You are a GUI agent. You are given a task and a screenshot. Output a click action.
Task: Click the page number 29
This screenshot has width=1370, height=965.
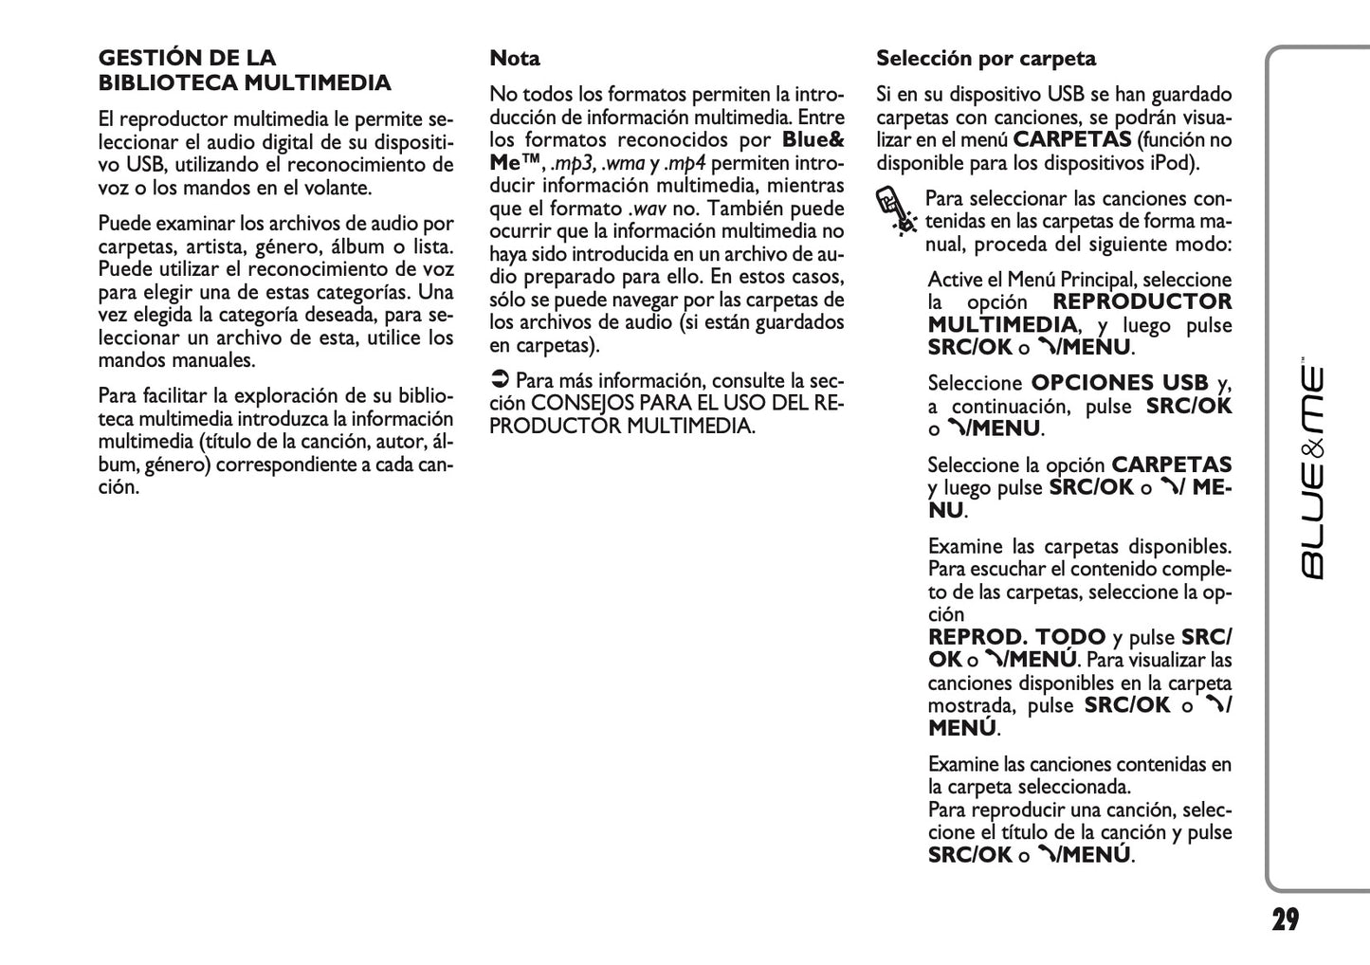1285,919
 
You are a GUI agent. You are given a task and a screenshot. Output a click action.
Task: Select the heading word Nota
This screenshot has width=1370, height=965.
515,59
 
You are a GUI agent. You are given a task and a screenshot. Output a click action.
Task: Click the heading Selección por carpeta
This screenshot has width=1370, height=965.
985,59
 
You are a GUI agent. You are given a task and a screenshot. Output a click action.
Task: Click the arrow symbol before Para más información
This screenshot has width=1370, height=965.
499,381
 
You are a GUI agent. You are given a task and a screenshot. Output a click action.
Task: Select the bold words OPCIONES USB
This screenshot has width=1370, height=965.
1119,383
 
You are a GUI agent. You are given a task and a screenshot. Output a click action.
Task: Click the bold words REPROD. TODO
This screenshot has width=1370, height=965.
1016,637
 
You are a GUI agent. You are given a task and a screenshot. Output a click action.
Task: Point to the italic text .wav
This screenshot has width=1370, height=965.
648,209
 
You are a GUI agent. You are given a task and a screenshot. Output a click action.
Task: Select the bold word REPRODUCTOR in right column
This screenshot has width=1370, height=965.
1142,302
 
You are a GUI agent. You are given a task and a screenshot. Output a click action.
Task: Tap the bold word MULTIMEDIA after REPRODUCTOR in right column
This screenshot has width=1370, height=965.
1002,325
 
